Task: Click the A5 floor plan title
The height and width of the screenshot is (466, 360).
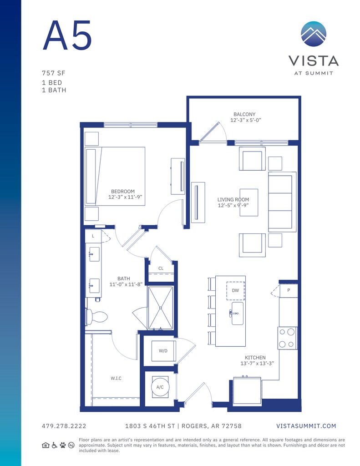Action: coord(67,35)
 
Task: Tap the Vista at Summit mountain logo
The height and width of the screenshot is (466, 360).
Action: coord(313,34)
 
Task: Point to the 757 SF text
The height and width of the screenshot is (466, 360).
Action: coord(54,73)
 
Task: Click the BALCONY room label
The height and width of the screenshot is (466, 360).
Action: coord(244,114)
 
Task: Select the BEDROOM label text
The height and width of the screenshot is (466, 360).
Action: coord(123,192)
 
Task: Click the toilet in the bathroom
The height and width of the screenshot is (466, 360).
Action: coord(96,317)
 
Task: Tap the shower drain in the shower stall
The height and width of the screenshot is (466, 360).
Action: coord(161,308)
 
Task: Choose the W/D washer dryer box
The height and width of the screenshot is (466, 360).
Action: coord(163,351)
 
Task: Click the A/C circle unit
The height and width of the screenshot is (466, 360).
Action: coord(160,387)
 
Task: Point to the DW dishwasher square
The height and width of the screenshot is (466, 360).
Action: coord(235,291)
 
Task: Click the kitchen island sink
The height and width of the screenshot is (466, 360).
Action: coord(237,314)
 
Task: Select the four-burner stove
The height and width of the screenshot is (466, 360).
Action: coord(288,338)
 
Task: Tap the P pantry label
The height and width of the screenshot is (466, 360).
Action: coord(289,290)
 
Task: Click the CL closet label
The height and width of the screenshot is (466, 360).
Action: coord(161,268)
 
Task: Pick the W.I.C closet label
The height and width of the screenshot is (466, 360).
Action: coord(116,378)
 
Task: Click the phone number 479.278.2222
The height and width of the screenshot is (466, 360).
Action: coord(64,426)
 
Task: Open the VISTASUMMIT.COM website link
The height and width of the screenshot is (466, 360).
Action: coord(306,426)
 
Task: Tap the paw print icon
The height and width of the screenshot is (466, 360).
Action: coord(63,445)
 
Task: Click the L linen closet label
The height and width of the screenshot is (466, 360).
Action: coord(93,236)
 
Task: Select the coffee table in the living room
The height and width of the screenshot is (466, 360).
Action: coord(249,203)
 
